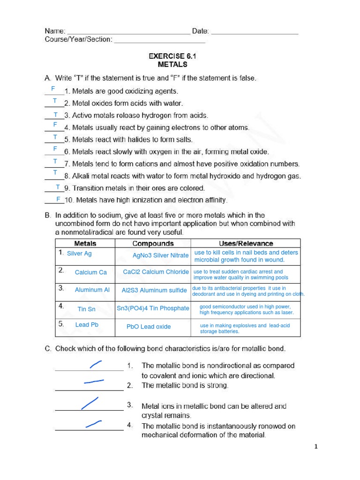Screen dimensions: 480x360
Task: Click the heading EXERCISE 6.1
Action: pos(172,56)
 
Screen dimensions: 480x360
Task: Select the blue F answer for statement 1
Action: pos(53,89)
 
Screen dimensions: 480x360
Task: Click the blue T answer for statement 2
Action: pos(55,101)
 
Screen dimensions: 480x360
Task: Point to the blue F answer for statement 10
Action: pos(58,199)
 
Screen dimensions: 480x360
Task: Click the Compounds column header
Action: pos(153,243)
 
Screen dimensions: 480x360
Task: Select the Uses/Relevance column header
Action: pos(246,243)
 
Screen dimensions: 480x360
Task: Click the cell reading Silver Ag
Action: pos(79,254)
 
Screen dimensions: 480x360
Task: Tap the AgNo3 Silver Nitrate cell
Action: pos(160,255)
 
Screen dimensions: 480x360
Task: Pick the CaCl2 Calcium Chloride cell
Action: pos(156,272)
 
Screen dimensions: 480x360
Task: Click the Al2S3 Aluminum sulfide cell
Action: pos(154,290)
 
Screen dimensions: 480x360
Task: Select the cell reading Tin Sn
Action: pos(86,309)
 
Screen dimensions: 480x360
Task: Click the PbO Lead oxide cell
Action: pos(149,327)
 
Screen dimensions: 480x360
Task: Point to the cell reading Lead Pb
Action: pos(87,325)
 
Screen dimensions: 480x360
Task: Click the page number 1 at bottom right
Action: pos(316,447)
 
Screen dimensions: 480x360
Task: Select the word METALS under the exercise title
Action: pos(172,65)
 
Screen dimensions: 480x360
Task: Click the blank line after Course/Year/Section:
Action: pos(159,41)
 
